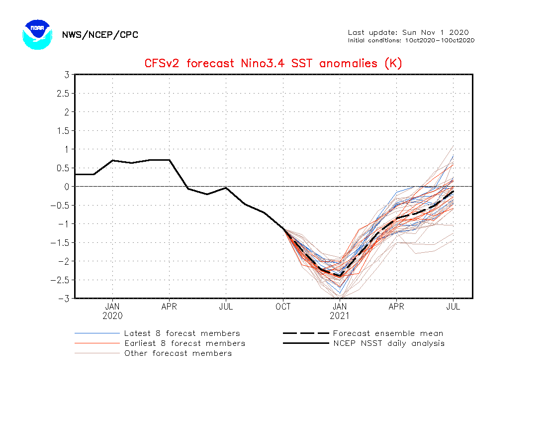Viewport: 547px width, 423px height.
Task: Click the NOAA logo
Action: (37, 34)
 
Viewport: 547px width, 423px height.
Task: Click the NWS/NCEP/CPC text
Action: (100, 35)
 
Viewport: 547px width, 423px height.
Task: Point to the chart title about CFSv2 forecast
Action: (273, 63)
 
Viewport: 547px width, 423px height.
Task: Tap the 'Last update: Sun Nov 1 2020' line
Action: (408, 32)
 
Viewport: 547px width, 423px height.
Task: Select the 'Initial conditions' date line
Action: (411, 40)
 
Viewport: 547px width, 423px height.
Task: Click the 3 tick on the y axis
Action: (66, 75)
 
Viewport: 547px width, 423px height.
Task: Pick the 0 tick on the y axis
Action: (66, 187)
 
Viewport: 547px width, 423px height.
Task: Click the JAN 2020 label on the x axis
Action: (112, 311)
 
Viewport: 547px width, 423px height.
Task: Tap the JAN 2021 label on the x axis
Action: (340, 311)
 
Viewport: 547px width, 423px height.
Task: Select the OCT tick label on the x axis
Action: (283, 307)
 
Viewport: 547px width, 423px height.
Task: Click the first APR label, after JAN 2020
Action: (169, 307)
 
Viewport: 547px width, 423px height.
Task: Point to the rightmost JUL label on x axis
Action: (453, 307)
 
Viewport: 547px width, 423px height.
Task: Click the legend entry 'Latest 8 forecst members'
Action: (182, 333)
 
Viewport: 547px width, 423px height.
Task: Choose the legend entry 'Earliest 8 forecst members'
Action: (184, 343)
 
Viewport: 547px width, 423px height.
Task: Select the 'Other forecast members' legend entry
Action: (178, 353)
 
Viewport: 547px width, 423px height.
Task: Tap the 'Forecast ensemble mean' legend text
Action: (388, 333)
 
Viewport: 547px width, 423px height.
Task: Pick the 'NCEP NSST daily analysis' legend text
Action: (389, 343)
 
